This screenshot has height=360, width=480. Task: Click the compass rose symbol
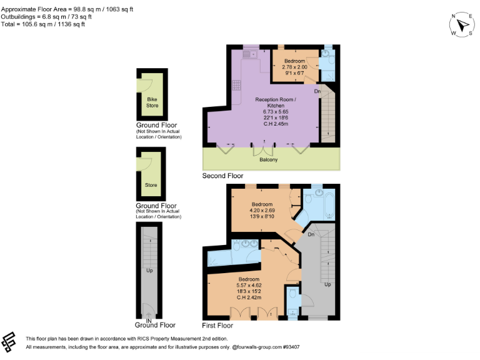pos(462,25)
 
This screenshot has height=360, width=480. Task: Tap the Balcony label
pos(269,160)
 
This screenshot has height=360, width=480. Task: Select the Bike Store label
pos(152,102)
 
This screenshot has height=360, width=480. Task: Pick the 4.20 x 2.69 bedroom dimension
pos(262,210)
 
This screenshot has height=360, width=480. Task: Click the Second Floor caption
pos(222,176)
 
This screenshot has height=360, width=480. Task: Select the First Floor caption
pos(217,326)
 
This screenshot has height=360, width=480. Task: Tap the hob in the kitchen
pos(237,86)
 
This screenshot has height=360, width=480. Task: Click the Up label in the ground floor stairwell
pos(149,271)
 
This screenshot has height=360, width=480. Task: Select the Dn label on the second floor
pos(317,92)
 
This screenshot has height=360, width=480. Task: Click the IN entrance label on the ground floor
pos(149,321)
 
